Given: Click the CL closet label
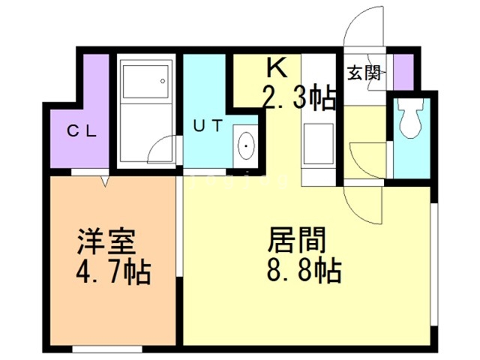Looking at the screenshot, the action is pos(82,132).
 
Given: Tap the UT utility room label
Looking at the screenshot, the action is pos(208,126).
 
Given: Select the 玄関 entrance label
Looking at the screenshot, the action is pos(364,73).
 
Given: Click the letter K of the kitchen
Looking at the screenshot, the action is pos(277,68).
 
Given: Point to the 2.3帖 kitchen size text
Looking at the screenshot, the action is pos(299,98).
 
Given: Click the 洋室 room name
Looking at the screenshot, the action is pos(106,241).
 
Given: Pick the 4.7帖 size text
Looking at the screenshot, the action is pos(113,271).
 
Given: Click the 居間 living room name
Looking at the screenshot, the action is pos(297,240).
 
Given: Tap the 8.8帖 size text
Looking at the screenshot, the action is pos(304,270).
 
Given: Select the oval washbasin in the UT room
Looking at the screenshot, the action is pos(246,145).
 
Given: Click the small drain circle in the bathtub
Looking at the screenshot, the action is pos(163,81).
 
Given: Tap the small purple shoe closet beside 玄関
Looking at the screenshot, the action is pos(403,72).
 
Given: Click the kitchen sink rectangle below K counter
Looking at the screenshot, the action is pos(318,144).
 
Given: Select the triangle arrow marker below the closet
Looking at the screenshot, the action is pos(105,181).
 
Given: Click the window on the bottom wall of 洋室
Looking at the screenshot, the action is pos(107,349).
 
